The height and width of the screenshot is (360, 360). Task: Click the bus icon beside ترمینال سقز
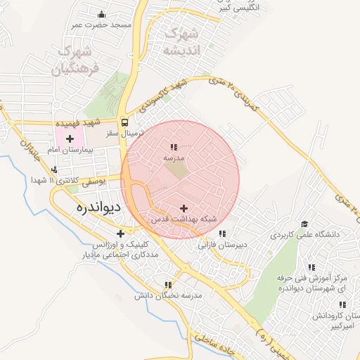pos(124,121)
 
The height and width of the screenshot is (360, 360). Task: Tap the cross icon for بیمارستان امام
pos(70,139)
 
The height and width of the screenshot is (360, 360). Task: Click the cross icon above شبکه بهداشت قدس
pos(184,208)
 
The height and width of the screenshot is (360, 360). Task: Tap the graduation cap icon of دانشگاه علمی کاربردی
pos(304,224)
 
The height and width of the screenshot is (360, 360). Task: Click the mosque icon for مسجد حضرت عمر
pos(103,14)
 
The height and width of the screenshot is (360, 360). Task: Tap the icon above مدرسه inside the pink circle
pos(173,147)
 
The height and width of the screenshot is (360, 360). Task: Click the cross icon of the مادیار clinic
pos(121,233)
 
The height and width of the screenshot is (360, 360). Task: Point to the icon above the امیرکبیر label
pos(342,304)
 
